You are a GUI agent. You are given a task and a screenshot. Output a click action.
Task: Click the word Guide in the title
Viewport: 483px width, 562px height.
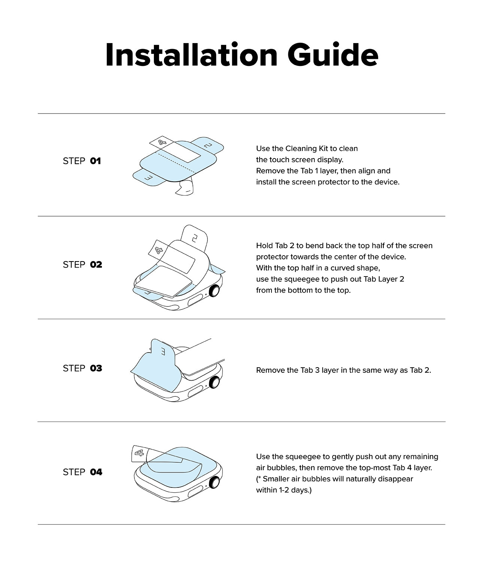[x=332, y=55]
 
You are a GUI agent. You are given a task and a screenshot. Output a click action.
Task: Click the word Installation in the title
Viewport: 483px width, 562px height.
[x=191, y=55]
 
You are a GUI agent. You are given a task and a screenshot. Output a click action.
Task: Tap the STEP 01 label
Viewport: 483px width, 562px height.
[x=82, y=161]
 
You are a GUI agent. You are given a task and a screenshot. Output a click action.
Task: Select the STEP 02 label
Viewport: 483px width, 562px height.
[x=82, y=265]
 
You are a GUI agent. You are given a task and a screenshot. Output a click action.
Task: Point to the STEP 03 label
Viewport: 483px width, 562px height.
[x=82, y=369]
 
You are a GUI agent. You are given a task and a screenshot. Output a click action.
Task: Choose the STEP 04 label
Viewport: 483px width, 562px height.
[x=82, y=472]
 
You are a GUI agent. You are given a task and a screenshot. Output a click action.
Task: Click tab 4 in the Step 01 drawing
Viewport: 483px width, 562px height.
[x=162, y=142]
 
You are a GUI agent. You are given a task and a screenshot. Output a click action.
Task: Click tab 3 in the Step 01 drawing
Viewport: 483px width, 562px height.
[x=148, y=178]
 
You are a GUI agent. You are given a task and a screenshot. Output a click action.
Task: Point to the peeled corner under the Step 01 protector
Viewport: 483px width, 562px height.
[x=185, y=188]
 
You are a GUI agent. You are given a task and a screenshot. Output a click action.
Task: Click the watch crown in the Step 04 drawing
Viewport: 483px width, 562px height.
[x=215, y=482]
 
